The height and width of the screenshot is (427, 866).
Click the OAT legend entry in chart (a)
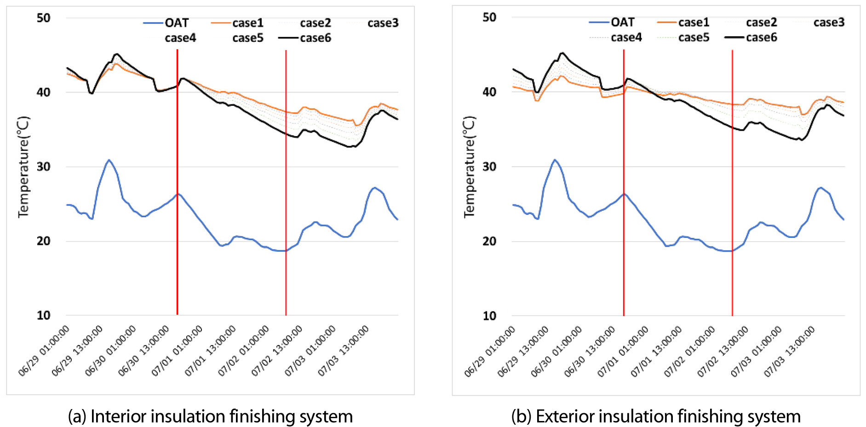pos(176,23)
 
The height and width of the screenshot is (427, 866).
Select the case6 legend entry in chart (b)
pos(761,37)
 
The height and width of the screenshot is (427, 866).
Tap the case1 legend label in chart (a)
pos(247,23)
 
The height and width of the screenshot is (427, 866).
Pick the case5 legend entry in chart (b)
pos(694,37)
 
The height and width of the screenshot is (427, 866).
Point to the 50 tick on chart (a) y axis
pos(44,18)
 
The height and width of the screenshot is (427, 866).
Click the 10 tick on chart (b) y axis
pos(490,316)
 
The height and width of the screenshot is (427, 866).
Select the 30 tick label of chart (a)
pos(44,167)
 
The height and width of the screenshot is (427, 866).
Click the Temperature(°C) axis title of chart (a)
pos(23,167)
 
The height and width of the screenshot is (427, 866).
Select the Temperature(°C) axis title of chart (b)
pos(469,167)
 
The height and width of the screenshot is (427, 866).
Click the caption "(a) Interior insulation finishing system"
pos(210,416)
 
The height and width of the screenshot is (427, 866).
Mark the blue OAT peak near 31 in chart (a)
pos(109,160)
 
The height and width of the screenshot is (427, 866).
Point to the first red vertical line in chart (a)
pos(178,184)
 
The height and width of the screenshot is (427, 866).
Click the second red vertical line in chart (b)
pos(732,184)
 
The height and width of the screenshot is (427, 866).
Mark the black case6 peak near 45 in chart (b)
pos(562,53)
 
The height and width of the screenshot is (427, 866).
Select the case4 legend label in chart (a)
pos(180,38)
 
